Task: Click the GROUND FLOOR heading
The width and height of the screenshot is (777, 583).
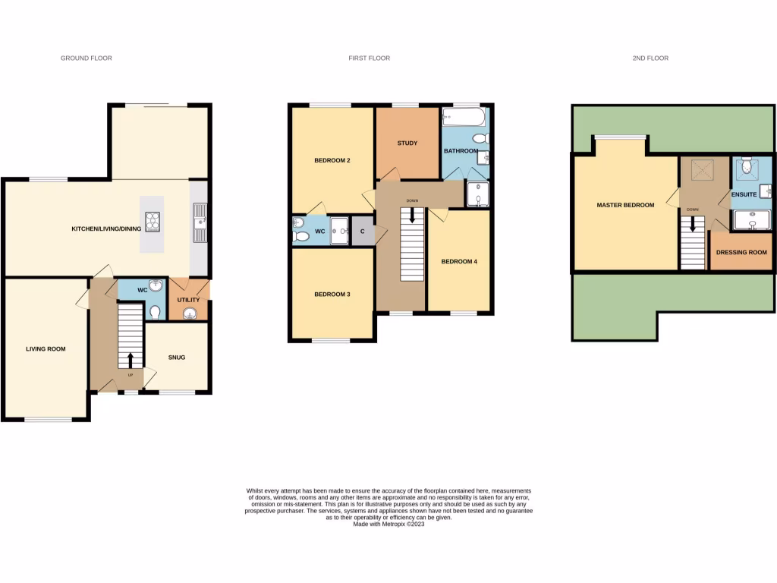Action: click(x=87, y=58)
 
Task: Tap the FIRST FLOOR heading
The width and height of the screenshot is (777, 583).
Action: click(x=369, y=58)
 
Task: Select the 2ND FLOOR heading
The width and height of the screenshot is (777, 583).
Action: click(x=650, y=58)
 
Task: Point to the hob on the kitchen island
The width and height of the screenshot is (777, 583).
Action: click(x=153, y=221)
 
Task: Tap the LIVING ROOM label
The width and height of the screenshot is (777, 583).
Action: click(x=46, y=349)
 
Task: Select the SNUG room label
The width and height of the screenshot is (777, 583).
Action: click(x=176, y=357)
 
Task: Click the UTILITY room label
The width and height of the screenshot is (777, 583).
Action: click(x=188, y=300)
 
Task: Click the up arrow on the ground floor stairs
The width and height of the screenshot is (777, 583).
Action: click(x=130, y=359)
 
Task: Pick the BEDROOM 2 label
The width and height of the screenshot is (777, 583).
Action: click(x=332, y=160)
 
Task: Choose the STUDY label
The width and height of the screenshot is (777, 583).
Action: click(x=407, y=143)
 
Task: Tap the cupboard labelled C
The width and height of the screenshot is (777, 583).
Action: click(x=363, y=232)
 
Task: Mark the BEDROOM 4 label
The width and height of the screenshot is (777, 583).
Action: click(x=458, y=262)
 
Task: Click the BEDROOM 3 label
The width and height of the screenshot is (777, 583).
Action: click(x=332, y=294)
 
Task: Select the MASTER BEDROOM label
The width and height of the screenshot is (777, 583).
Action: click(x=624, y=205)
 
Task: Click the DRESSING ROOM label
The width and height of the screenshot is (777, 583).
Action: click(x=741, y=252)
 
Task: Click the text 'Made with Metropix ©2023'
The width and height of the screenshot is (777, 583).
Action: click(x=388, y=524)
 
